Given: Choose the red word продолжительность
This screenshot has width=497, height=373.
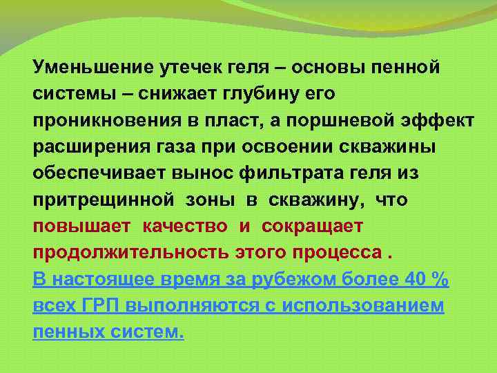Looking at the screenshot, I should tap(130, 252).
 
